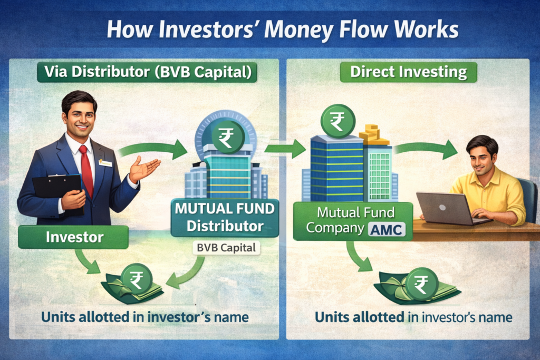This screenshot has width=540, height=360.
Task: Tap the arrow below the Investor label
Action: pos(88,261)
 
